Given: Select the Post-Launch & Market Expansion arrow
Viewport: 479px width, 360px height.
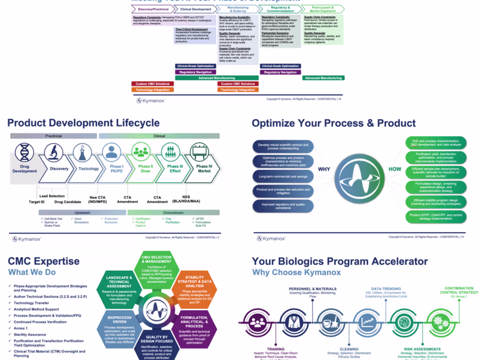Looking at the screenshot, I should coord(323,9).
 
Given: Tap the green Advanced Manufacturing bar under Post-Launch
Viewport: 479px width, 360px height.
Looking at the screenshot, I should coord(323,78).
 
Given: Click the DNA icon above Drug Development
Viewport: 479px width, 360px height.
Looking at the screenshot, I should coord(24,153).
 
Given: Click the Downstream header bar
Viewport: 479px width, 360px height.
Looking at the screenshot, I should coord(173,212).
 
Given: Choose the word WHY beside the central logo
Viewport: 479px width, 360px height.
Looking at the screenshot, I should coord(324,169).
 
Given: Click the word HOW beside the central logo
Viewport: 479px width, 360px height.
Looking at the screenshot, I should coord(395,169).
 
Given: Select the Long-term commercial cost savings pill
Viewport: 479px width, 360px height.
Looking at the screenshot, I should coord(283,176).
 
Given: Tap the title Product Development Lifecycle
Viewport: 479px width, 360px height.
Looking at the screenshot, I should coord(84,123).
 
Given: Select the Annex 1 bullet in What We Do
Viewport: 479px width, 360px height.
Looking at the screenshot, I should coord(20,328).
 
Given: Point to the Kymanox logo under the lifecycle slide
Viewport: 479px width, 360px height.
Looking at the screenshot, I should coord(27,239).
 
